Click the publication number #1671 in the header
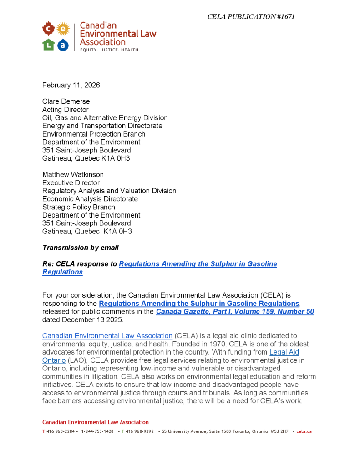[x=285, y=17]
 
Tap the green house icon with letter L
[x=48, y=44]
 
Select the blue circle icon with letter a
[x=63, y=44]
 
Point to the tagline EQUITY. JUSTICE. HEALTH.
[x=110, y=50]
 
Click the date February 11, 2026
[x=71, y=85]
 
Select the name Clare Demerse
[x=66, y=101]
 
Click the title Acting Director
[x=66, y=110]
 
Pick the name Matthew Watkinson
[x=73, y=175]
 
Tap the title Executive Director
[x=71, y=183]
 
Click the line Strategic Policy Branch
[x=79, y=207]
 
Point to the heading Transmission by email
[x=81, y=248]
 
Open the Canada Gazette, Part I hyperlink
[x=235, y=312]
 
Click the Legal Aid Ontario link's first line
[x=284, y=352]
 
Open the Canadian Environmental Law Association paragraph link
[x=107, y=336]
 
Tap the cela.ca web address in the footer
[x=304, y=431]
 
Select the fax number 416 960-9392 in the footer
[x=140, y=431]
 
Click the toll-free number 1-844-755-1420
[x=97, y=431]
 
